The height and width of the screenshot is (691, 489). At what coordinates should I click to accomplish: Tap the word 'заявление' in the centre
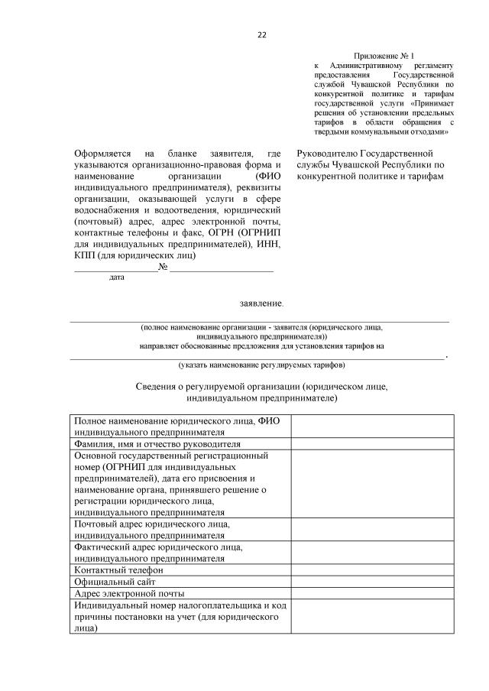tap(261, 303)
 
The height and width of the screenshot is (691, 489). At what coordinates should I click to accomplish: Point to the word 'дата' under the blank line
tap(117, 277)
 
